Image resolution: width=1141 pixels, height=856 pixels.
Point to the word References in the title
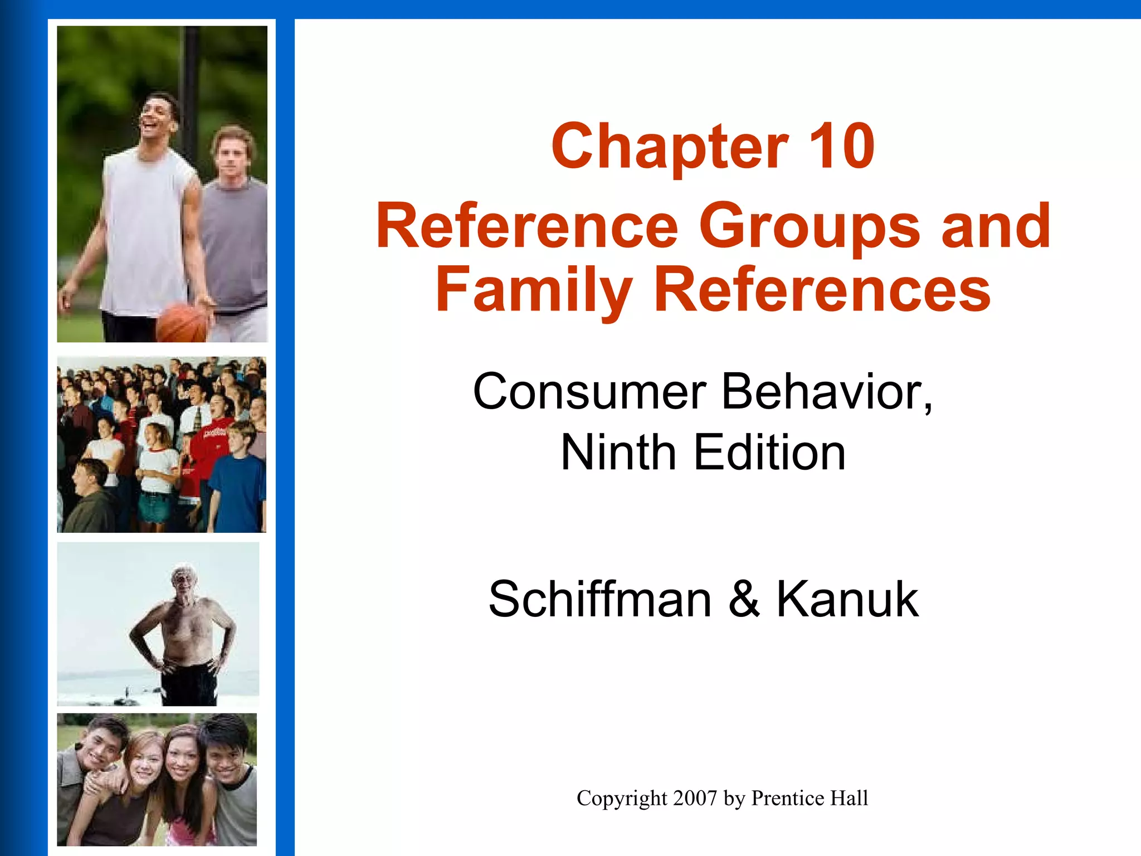coord(822,290)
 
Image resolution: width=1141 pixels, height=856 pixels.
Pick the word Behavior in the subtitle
coord(827,392)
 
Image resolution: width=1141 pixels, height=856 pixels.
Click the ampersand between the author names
coord(744,599)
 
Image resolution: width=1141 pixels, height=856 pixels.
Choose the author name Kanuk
coord(847,599)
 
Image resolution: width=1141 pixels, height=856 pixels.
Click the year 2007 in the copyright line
coord(695,798)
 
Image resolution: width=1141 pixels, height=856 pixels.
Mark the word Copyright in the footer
coord(622,799)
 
